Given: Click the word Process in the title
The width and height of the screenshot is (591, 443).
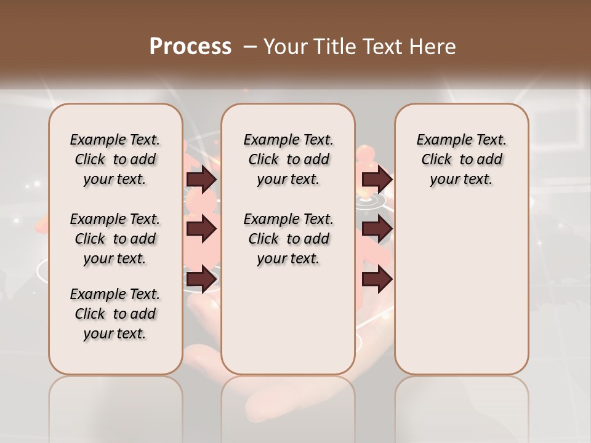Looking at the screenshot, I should [190, 47].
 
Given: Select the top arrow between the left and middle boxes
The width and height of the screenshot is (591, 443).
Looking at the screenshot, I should [201, 180].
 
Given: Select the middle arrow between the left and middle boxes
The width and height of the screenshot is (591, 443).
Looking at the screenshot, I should [201, 229].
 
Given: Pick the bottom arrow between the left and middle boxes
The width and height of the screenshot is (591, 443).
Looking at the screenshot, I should [201, 279].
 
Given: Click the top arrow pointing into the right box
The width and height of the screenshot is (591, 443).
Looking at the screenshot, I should [377, 180].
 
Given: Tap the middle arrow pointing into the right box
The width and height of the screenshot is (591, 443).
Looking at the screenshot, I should [377, 229].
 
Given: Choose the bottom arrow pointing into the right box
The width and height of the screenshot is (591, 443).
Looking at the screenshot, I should [377, 279].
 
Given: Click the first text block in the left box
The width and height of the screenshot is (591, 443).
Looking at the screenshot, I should [115, 159].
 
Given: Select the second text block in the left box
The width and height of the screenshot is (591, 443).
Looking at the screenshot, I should [115, 239].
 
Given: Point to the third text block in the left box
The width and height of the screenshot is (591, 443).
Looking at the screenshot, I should [115, 314].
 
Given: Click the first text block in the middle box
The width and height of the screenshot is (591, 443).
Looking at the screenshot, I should [288, 159].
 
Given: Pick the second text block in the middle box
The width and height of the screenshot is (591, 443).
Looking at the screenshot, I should [288, 239].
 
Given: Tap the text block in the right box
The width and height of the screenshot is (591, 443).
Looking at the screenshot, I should [461, 159].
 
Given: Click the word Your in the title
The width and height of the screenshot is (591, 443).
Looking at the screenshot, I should [284, 47].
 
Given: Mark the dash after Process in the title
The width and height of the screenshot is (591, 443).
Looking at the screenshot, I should [250, 47].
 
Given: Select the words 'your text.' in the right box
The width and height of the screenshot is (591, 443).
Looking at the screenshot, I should [461, 180].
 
